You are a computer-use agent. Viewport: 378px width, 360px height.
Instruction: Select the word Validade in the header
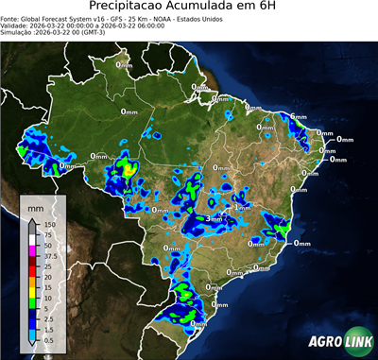(x=15, y=25)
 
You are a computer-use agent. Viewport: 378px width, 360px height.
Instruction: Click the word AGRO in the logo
(x=324, y=341)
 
